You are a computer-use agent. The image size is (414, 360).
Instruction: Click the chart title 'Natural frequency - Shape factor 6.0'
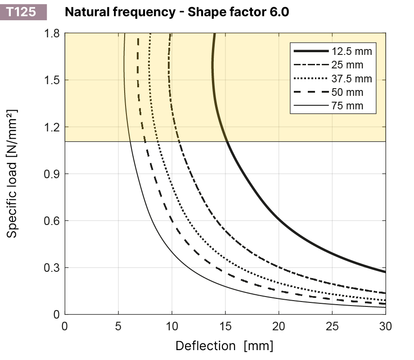pos(177,12)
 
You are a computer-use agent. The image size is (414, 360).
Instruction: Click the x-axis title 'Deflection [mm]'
pos(224,346)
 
